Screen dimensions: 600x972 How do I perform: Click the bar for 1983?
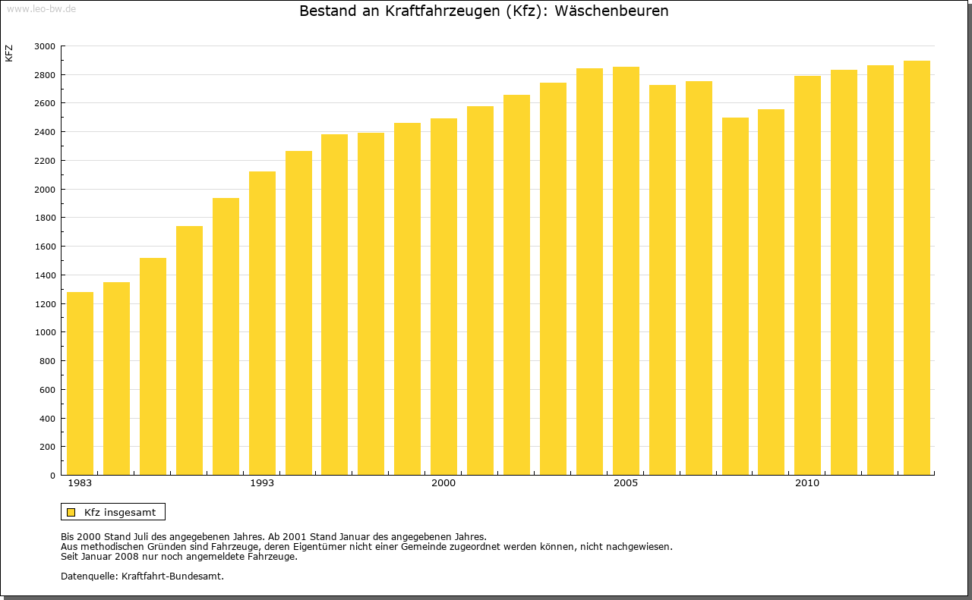click(80, 383)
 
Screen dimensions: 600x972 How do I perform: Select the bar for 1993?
click(262, 323)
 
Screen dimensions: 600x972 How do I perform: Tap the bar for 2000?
click(443, 297)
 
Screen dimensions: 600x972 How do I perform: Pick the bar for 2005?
click(626, 271)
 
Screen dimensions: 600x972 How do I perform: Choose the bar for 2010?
click(807, 275)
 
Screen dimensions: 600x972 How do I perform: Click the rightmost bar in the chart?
click(917, 268)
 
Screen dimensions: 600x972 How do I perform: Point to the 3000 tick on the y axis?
click(45, 46)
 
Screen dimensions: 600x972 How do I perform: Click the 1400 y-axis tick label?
click(45, 275)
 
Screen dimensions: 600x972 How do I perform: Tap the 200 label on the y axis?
click(47, 448)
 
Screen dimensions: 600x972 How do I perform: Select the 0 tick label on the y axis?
click(52, 476)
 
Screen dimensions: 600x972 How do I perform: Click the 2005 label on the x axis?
click(626, 483)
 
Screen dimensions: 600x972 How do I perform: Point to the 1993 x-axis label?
click(262, 483)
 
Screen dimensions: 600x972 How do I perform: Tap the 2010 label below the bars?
click(807, 483)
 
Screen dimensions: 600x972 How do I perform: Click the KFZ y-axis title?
click(9, 53)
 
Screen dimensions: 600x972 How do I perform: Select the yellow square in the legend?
click(71, 512)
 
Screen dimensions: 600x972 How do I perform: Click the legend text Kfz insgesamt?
click(120, 512)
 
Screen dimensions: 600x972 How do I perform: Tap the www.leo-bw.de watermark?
click(40, 8)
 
